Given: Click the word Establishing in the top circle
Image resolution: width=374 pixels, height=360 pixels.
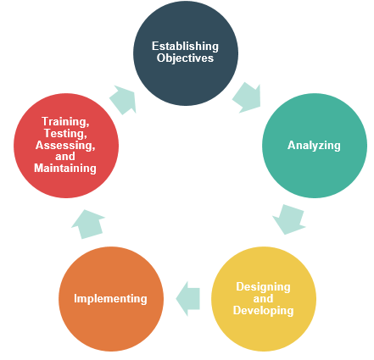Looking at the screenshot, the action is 185,47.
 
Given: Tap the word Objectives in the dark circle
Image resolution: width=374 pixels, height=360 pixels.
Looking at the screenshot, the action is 185,58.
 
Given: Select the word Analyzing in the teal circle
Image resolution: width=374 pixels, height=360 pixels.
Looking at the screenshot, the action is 314,146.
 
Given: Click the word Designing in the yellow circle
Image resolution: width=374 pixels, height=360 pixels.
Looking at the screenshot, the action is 263,287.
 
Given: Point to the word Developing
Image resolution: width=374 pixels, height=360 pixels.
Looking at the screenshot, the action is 263,311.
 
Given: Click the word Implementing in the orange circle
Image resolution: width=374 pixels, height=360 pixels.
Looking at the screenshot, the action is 110,299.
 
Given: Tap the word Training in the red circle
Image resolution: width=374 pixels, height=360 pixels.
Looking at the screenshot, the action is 65,122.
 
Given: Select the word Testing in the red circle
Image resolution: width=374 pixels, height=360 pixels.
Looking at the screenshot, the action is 65,133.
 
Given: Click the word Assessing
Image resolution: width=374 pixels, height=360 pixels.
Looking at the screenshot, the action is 65,145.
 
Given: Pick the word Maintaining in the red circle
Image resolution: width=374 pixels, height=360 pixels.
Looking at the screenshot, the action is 65,169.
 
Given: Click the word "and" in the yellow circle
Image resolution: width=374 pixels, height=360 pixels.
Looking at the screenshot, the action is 263,299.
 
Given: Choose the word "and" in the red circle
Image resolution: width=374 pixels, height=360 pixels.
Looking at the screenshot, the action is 65,157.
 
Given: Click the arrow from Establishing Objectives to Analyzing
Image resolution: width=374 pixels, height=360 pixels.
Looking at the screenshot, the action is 247,97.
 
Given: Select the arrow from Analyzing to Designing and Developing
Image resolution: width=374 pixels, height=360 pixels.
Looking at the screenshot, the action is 289,219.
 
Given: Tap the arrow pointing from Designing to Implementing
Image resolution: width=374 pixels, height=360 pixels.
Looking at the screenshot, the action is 188,299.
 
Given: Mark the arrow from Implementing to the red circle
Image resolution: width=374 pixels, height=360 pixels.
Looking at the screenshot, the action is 88,224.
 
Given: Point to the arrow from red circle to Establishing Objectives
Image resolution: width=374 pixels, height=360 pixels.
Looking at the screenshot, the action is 123,100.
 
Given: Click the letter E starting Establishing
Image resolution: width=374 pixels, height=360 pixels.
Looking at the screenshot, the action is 155,47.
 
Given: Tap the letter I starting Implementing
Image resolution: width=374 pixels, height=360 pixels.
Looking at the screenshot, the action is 75,298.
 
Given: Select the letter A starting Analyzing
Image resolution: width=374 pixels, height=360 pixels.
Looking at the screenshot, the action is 292,145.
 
